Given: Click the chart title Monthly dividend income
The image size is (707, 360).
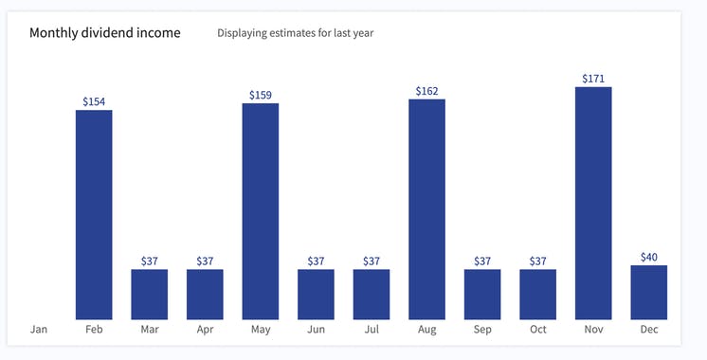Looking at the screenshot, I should pos(104,32).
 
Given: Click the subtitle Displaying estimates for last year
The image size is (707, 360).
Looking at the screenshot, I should pos(296,33).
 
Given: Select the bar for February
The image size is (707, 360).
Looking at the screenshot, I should pos(94,215).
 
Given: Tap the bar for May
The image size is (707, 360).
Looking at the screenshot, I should pos(261,211).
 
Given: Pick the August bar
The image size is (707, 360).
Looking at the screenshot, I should pos(426,209).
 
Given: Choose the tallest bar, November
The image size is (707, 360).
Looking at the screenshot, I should pos(593,204).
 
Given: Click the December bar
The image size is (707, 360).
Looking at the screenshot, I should pos(649,293).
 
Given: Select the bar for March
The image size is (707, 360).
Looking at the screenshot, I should pos(150,295).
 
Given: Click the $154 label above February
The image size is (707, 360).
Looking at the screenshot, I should pos(94,100).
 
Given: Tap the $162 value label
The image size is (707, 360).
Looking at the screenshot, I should pos(426,91).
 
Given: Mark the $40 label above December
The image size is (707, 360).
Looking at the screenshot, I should pos(649,257).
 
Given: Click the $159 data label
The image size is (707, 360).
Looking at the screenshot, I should pos(261,95).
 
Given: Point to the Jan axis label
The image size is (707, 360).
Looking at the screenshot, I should pos(39,330).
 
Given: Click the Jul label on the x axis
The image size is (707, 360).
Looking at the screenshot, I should pos(372,330).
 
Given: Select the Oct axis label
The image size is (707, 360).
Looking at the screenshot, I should pos(537,330).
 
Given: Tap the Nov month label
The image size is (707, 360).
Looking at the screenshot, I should pos(593,330).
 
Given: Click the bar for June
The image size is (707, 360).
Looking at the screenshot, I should pos(316,295).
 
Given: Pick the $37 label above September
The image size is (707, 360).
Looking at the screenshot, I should pos(482,261).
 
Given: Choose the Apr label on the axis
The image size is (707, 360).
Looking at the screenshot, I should pos(205,330).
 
